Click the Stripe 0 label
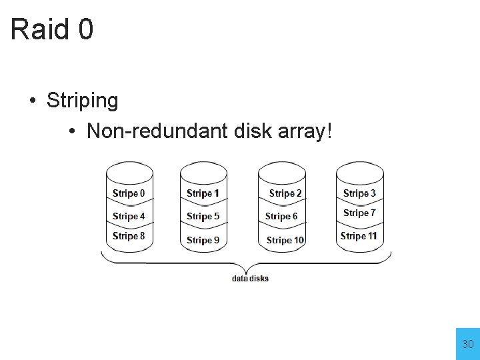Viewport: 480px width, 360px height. (x=129, y=193)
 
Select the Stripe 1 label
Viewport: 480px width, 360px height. (x=203, y=193)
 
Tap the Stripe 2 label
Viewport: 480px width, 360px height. (x=285, y=193)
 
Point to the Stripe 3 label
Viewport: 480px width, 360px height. (x=359, y=193)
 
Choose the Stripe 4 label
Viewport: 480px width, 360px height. (x=129, y=216)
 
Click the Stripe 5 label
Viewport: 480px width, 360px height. (x=203, y=216)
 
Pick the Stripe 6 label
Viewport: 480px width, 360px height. (x=281, y=216)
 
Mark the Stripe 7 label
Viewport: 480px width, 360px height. (x=359, y=213)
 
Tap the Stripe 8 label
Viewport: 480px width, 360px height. (x=129, y=236)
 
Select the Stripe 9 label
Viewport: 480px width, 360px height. (x=203, y=240)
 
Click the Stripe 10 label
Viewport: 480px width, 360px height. (x=285, y=240)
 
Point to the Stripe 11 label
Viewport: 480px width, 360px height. (x=359, y=236)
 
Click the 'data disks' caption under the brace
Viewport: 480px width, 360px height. (x=250, y=278)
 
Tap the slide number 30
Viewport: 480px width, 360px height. (x=468, y=345)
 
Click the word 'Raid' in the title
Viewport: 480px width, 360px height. (x=39, y=29)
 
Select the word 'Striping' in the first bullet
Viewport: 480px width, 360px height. (x=82, y=101)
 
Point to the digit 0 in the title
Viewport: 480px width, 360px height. (x=85, y=29)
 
